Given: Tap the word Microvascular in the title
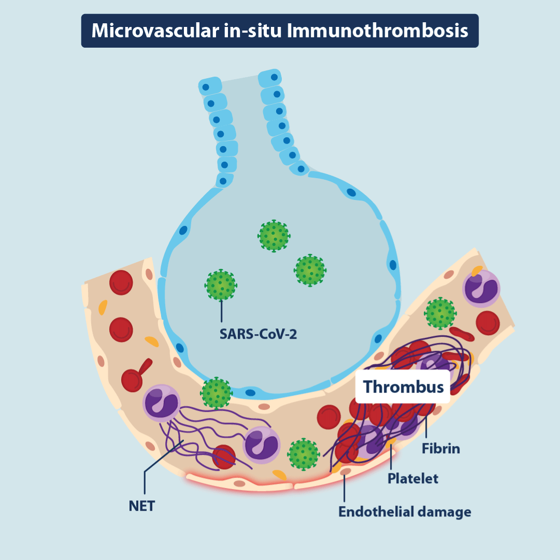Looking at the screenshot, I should [151, 31].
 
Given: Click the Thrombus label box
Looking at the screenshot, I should [403, 386].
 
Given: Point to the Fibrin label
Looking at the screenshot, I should [440, 448].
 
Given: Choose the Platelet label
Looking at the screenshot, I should [413, 478].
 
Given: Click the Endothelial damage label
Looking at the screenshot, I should [405, 512].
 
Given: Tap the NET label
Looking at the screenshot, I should [142, 506].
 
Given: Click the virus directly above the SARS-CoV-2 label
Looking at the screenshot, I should [221, 285].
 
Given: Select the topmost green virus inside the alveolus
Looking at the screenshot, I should [274, 236].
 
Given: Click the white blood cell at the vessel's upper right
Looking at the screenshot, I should [481, 288].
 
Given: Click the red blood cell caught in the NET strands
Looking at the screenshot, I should [223, 456].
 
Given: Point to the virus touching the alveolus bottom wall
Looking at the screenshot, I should [216, 393].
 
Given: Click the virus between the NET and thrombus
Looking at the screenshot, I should [303, 454].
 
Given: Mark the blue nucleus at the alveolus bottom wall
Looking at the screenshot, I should [250, 393].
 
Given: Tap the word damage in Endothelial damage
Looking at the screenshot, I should [444, 512].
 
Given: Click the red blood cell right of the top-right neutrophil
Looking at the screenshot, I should [487, 322].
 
